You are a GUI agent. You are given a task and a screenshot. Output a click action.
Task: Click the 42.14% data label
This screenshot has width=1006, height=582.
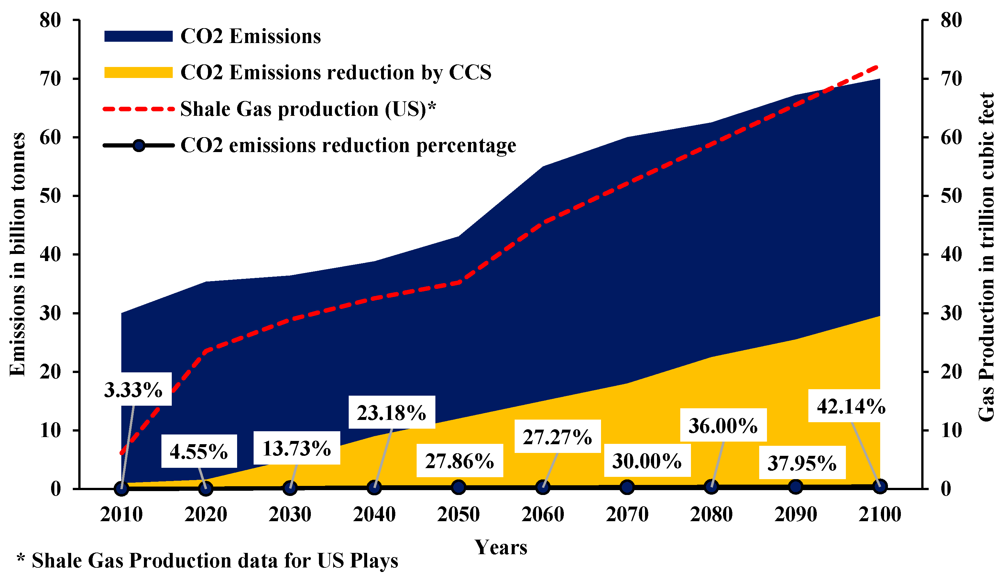851,407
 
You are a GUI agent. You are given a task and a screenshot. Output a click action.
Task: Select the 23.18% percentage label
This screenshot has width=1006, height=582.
392,413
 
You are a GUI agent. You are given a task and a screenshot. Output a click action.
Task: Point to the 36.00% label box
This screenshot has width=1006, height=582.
723,425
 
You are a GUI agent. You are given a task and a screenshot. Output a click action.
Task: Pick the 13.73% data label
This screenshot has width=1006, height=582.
297,448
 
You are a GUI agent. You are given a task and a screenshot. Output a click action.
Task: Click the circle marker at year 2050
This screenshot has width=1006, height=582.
459,487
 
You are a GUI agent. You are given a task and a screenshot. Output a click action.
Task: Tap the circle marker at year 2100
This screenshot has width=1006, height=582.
880,486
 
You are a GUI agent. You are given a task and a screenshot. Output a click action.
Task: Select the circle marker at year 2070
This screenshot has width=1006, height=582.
627,487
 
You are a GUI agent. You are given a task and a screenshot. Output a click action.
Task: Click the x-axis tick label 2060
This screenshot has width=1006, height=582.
543,514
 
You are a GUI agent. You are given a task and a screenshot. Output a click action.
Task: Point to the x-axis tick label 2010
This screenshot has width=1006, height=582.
121,514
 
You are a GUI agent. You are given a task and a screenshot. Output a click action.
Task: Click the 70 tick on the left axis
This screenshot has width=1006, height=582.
50,79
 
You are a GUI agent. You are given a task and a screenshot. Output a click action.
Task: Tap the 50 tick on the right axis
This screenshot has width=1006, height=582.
951,196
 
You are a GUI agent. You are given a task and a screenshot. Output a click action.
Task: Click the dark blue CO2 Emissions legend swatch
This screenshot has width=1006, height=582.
138,36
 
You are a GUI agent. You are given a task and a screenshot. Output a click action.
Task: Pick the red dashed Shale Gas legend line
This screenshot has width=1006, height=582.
138,109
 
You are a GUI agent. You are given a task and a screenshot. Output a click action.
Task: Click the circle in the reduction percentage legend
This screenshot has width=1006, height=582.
138,145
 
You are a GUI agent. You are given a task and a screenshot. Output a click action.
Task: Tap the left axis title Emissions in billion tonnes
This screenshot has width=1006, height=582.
17,254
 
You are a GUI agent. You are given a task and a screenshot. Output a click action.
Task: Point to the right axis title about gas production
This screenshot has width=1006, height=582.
986,257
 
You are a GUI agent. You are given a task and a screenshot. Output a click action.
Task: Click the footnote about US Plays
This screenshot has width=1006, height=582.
208,561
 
